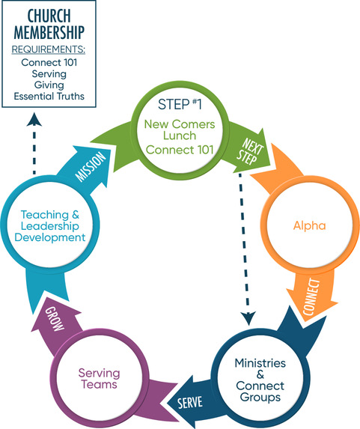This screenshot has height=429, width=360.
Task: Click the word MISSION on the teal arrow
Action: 91,166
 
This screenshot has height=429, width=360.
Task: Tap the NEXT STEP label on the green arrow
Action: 250,152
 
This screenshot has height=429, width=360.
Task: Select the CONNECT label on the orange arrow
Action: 311,296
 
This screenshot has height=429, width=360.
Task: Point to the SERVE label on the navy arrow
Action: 190,403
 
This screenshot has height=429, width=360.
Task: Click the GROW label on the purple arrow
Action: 55,318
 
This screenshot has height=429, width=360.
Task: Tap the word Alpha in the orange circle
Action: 309,225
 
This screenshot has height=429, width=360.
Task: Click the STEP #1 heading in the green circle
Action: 180,104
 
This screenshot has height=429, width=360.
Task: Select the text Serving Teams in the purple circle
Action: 99,379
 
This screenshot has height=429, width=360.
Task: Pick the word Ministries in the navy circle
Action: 260,363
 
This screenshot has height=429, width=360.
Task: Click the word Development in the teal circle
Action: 50,237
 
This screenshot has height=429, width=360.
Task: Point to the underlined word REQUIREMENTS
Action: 49,49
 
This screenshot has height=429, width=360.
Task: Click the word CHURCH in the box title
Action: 49,16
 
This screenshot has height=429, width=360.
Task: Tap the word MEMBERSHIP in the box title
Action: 49,32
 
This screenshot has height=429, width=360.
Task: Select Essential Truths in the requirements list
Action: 49,97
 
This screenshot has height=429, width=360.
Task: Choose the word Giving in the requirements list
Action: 49,85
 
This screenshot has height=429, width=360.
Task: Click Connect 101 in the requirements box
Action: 49,62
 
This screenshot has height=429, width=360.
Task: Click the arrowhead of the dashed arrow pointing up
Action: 34,119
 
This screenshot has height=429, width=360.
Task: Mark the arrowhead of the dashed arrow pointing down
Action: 248,318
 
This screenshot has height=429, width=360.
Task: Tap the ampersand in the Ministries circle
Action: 260,374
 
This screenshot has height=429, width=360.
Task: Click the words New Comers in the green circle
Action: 180,124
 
